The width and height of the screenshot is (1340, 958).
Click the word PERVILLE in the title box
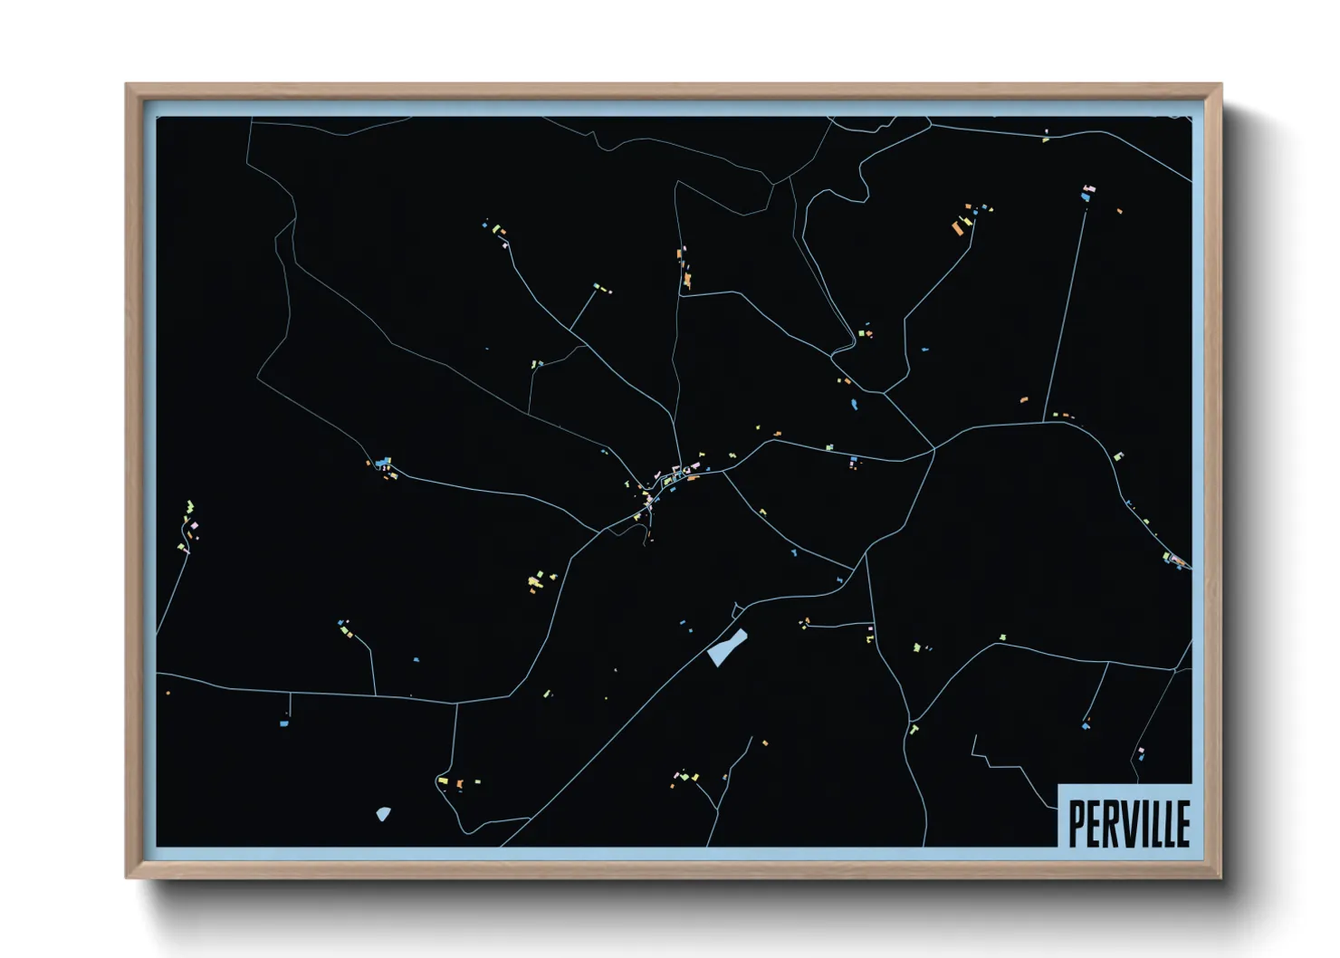(x=1128, y=823)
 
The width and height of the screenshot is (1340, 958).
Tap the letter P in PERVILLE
(x=1077, y=823)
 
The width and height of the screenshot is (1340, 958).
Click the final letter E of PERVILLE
(x=1182, y=823)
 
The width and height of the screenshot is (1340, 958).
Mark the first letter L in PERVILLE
(x=1155, y=823)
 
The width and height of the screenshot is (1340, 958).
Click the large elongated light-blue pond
(x=727, y=647)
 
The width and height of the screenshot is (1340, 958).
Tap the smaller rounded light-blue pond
(x=383, y=814)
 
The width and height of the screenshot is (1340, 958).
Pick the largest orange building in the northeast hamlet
(x=958, y=228)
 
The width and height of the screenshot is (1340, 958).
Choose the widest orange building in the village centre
(x=693, y=478)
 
